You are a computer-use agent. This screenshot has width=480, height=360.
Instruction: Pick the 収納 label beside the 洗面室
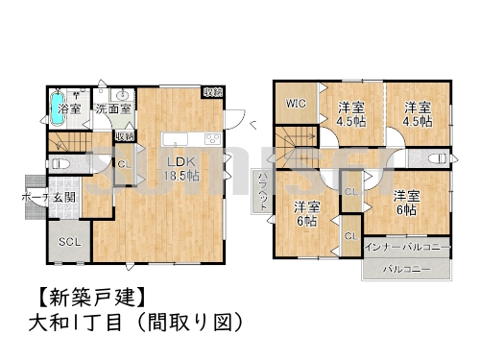[x=125, y=136]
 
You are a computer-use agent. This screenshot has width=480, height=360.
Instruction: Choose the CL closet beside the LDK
[x=123, y=164]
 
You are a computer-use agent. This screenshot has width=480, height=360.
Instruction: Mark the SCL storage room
[x=68, y=241]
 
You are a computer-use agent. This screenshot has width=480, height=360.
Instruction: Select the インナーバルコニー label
[x=408, y=248]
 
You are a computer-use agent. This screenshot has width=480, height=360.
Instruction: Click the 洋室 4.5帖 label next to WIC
[x=351, y=114]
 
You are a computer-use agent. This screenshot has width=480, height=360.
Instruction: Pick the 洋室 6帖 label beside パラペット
[x=306, y=213]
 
